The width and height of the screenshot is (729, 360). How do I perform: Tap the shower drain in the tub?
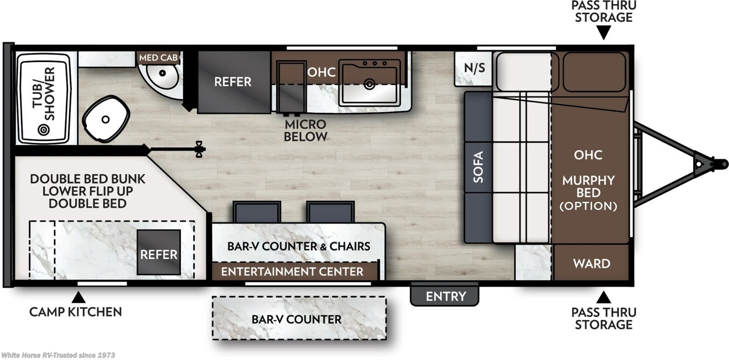pos(43,130)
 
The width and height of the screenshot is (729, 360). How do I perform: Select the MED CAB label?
pos(158,58)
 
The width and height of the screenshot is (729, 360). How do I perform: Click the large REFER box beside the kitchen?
pos(233,82)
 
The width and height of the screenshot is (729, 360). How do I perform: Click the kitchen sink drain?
pos(369,84)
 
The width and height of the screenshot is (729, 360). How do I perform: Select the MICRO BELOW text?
pos(305,130)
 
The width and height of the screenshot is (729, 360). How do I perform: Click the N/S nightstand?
pos(474,68)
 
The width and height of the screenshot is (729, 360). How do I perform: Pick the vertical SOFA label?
pos(478,167)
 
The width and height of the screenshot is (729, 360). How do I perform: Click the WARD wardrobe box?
pos(591,263)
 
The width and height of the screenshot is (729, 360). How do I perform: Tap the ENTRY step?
pos(445,296)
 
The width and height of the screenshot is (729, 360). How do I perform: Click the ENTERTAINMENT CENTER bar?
pos(292,272)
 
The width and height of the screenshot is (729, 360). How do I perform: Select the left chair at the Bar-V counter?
pos(257,211)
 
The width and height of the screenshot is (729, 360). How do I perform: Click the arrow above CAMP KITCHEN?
pos(78,298)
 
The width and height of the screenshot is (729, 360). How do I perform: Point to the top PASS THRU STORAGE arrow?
pos(603,33)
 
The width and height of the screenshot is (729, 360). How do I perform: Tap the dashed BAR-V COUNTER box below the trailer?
pos(299,319)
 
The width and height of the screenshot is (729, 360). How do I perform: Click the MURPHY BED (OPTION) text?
pos(588,193)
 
